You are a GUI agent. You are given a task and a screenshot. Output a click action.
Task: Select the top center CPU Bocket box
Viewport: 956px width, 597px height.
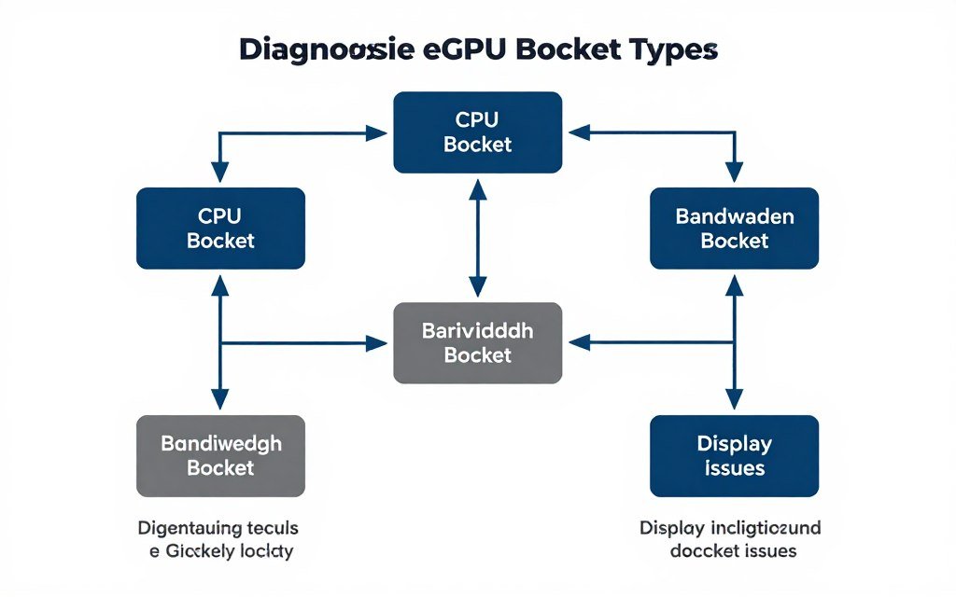click(478, 132)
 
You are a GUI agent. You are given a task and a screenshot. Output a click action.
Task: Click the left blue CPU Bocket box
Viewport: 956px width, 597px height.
click(220, 228)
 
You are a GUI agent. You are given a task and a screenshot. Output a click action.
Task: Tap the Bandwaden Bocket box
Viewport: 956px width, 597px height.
click(734, 228)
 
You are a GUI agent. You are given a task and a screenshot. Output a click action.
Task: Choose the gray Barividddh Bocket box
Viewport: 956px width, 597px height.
click(478, 342)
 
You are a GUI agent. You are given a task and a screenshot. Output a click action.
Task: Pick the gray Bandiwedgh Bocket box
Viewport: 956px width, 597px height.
click(220, 455)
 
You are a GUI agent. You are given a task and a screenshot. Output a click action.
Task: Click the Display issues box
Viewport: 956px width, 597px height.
click(734, 455)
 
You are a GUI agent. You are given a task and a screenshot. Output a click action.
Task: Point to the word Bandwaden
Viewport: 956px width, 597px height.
click(734, 216)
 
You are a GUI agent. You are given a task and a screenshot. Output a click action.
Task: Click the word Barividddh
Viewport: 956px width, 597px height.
click(478, 330)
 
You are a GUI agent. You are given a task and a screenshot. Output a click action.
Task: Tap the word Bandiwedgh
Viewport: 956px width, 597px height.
click(220, 443)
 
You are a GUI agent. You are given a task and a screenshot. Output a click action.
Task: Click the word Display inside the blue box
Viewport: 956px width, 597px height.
click(734, 443)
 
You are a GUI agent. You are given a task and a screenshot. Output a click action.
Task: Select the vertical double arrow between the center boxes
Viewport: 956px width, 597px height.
click(478, 238)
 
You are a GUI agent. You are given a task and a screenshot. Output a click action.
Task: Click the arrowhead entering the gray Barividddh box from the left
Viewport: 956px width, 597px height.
click(377, 343)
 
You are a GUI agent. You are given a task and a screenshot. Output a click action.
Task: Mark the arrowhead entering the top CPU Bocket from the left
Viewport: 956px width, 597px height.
click(377, 132)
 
